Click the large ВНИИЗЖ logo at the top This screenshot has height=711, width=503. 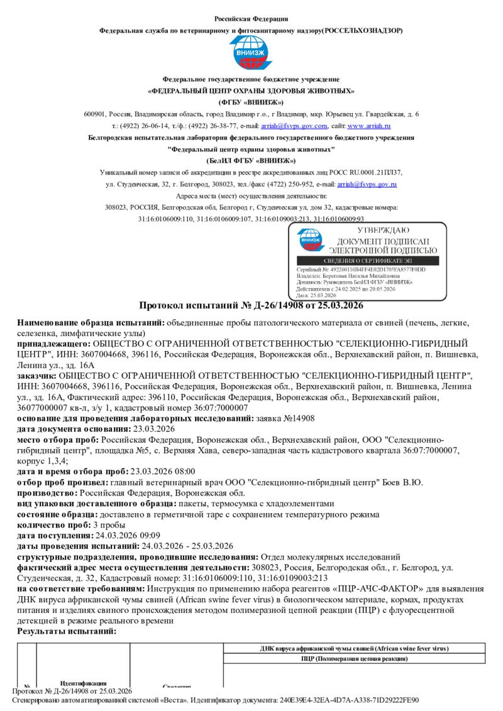click(251, 54)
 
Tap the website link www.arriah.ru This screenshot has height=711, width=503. click(373, 126)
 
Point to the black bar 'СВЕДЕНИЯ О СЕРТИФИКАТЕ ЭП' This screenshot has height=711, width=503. click(367, 261)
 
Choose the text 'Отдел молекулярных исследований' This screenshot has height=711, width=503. click(330, 556)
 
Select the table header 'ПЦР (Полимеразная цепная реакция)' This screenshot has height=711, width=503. click(355, 659)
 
